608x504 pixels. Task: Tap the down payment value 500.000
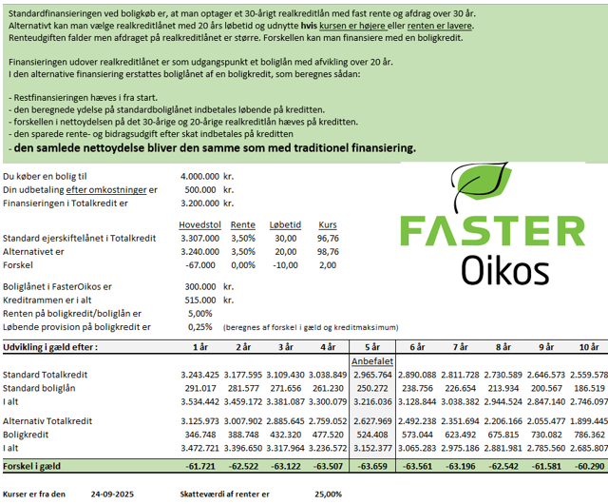click(199, 189)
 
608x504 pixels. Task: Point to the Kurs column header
click(328, 223)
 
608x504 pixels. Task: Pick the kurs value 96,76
click(327, 238)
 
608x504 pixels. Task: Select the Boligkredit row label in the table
click(29, 433)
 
